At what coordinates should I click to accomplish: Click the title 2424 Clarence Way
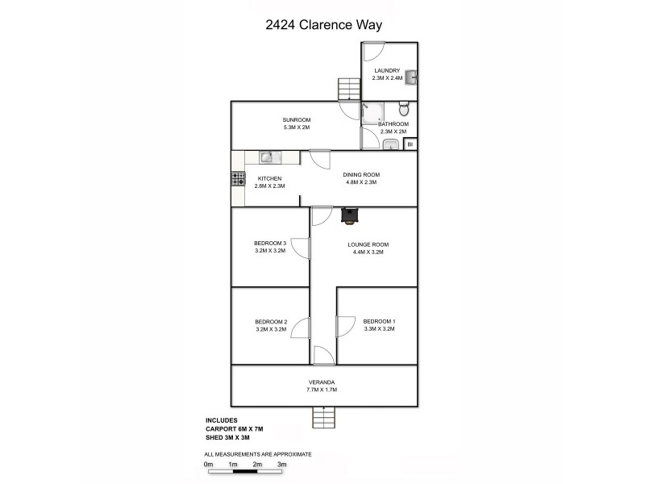tap(323, 24)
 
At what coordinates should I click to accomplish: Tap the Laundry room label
tap(386, 71)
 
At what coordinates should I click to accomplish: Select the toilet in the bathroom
tap(405, 110)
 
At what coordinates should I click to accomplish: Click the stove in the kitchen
tap(239, 180)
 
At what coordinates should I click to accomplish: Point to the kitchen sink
tap(268, 157)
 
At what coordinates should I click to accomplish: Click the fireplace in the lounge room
tap(350, 215)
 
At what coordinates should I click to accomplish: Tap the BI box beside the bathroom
tap(410, 144)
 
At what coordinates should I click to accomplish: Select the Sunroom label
tap(273, 119)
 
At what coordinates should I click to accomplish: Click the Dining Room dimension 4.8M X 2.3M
tap(360, 182)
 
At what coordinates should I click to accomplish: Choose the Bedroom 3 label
tap(270, 244)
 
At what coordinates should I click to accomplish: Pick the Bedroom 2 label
tap(271, 322)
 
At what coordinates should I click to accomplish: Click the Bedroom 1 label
tap(379, 322)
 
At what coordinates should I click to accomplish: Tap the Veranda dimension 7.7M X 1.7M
tap(321, 390)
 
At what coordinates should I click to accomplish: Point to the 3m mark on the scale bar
tap(282, 465)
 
